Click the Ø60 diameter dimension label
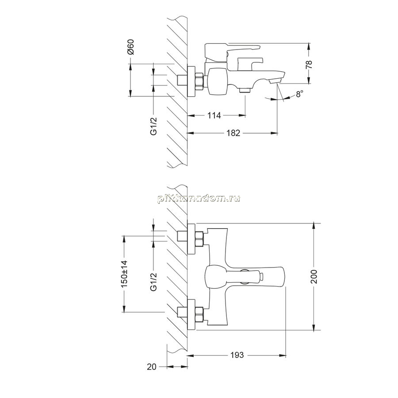(130, 47)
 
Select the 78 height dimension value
(309, 65)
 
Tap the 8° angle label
(299, 94)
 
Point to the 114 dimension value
(214, 115)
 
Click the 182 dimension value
(233, 133)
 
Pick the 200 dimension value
(314, 277)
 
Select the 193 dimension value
(237, 355)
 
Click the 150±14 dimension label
(124, 274)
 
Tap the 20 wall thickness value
(152, 367)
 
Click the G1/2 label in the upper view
(154, 126)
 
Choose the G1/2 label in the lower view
(154, 282)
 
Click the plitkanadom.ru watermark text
(199, 199)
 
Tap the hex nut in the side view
(199, 81)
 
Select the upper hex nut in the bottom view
(199, 239)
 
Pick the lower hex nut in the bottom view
(199, 315)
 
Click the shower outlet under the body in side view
(245, 90)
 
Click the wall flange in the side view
(191, 81)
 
